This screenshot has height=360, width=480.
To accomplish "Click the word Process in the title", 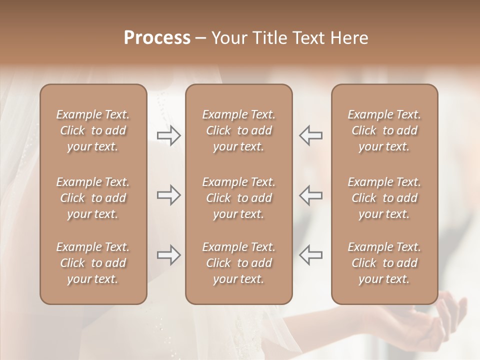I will [x=157, y=38].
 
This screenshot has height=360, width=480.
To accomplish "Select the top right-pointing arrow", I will [x=168, y=135].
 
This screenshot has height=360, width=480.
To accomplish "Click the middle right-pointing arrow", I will [x=168, y=194].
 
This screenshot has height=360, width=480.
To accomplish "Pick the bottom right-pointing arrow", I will [x=168, y=255].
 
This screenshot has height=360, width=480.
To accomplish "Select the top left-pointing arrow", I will [x=311, y=135].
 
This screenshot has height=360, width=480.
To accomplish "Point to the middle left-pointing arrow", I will [x=311, y=194].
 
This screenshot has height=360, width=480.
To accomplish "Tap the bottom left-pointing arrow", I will [x=311, y=255].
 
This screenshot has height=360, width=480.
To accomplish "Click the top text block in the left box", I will [x=93, y=130].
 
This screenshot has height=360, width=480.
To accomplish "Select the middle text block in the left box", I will [x=93, y=198].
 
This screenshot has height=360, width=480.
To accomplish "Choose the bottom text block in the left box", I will [x=93, y=263].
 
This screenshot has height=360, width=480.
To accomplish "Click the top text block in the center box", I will [x=238, y=130].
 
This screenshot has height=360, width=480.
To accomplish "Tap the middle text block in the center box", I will [x=238, y=198].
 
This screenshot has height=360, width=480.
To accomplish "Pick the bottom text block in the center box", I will [x=238, y=263].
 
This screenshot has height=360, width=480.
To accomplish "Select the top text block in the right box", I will [x=384, y=130].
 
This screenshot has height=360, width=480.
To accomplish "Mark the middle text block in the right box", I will [x=384, y=198].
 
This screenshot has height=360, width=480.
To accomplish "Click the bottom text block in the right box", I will [x=384, y=263].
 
